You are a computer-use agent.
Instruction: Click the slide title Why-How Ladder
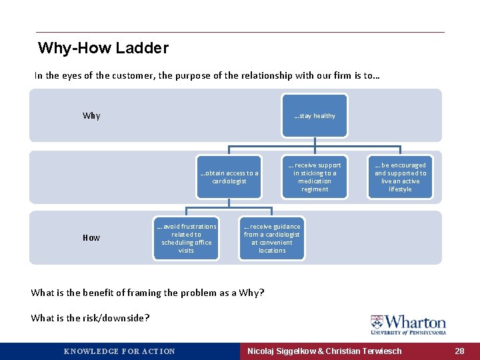[x=103, y=48]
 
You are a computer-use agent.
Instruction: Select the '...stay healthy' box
[x=315, y=116]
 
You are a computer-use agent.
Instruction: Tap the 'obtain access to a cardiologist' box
[x=229, y=177]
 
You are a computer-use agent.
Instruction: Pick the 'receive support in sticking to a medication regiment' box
[x=315, y=177]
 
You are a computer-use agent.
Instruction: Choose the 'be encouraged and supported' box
[x=400, y=177]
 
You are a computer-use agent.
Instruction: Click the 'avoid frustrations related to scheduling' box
[x=186, y=239]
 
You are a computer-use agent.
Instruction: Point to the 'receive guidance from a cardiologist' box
[x=272, y=239]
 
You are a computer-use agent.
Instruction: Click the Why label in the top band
[x=91, y=116]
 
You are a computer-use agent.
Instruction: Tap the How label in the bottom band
[x=91, y=238]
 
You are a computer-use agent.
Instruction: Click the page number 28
[x=459, y=351]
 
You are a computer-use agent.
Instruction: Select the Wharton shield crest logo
[x=377, y=323]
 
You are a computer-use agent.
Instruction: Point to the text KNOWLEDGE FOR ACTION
[x=119, y=351]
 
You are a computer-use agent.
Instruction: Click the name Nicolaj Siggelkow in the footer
[x=283, y=351]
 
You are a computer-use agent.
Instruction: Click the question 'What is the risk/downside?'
[x=90, y=318]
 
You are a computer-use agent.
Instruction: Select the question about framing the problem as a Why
[x=147, y=293]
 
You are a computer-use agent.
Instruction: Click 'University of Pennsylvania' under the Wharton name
[x=409, y=332]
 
